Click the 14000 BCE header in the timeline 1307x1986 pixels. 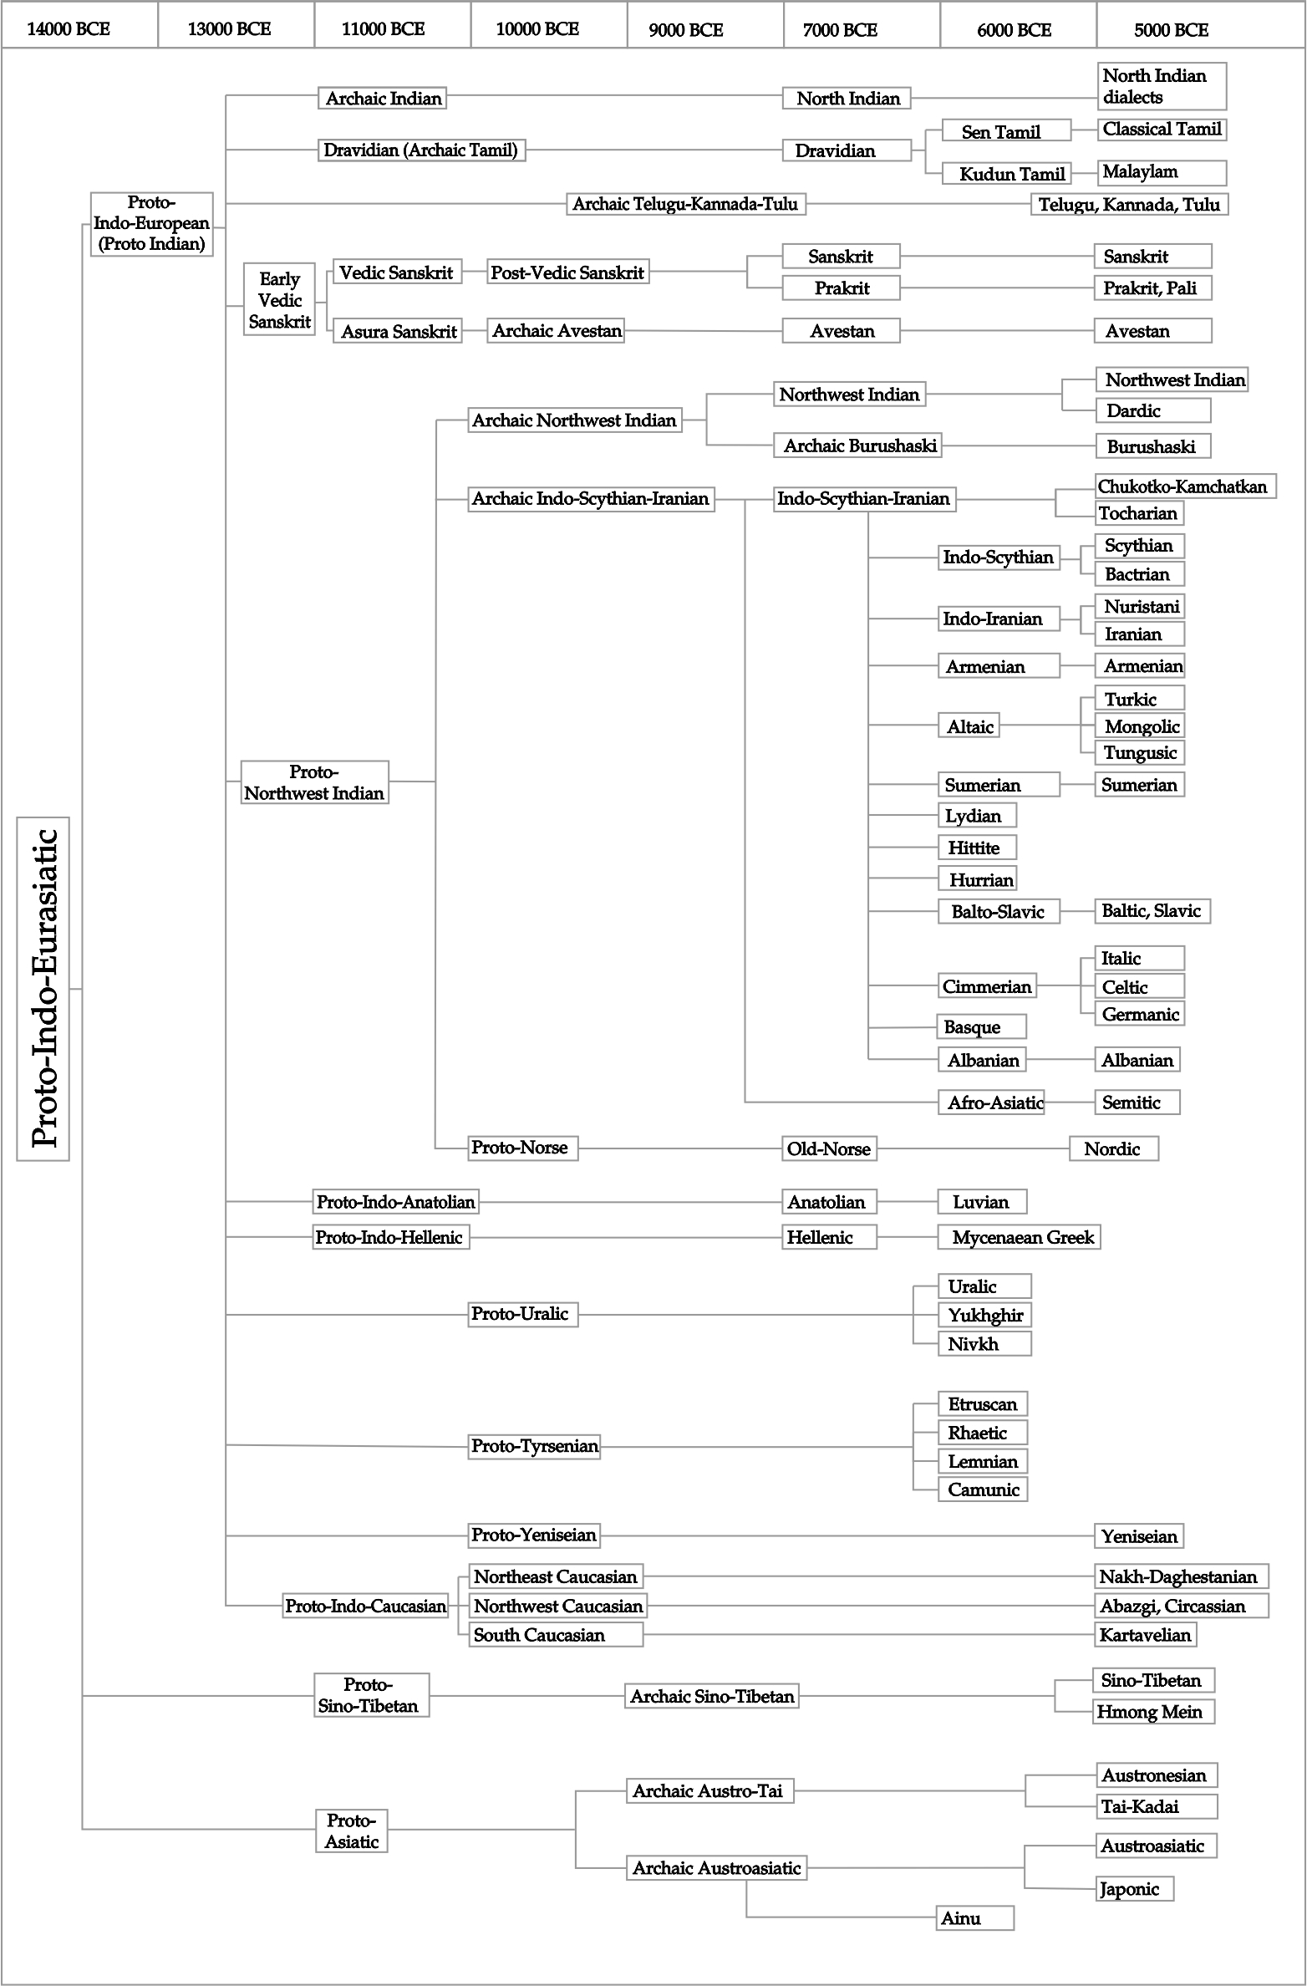[x=69, y=29]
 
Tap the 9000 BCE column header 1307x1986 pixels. [x=686, y=30]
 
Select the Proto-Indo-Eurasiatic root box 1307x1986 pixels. [x=43, y=988]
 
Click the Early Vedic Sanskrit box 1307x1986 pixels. [x=279, y=300]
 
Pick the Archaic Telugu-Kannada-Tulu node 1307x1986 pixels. [x=685, y=204]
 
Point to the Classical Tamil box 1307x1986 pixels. [x=1162, y=130]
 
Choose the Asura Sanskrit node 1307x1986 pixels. [x=398, y=331]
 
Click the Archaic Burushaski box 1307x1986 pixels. [x=859, y=446]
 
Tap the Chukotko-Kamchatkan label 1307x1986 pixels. [x=1183, y=486]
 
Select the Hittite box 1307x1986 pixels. [x=976, y=848]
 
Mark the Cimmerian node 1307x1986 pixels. [x=987, y=986]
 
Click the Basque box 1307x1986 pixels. [x=981, y=1026]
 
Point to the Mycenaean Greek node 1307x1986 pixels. [x=1020, y=1237]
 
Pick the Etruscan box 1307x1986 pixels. [x=983, y=1404]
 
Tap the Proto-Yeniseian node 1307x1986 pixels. [x=533, y=1535]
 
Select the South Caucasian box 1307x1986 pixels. [x=555, y=1635]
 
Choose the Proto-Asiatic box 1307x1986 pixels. [x=352, y=1831]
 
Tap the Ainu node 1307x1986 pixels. [x=974, y=1918]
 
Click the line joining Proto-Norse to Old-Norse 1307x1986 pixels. [x=679, y=1148]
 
